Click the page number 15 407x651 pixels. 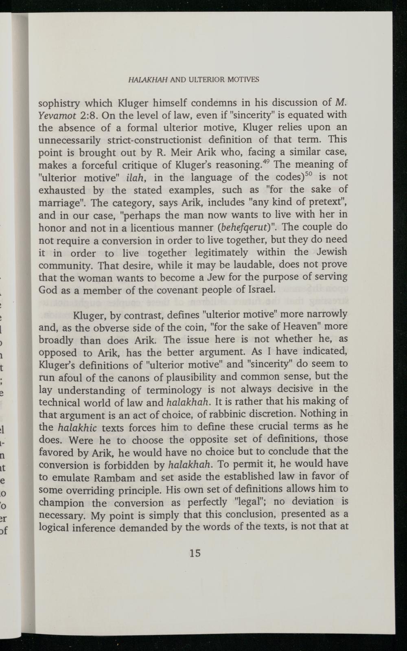pos(195,553)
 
